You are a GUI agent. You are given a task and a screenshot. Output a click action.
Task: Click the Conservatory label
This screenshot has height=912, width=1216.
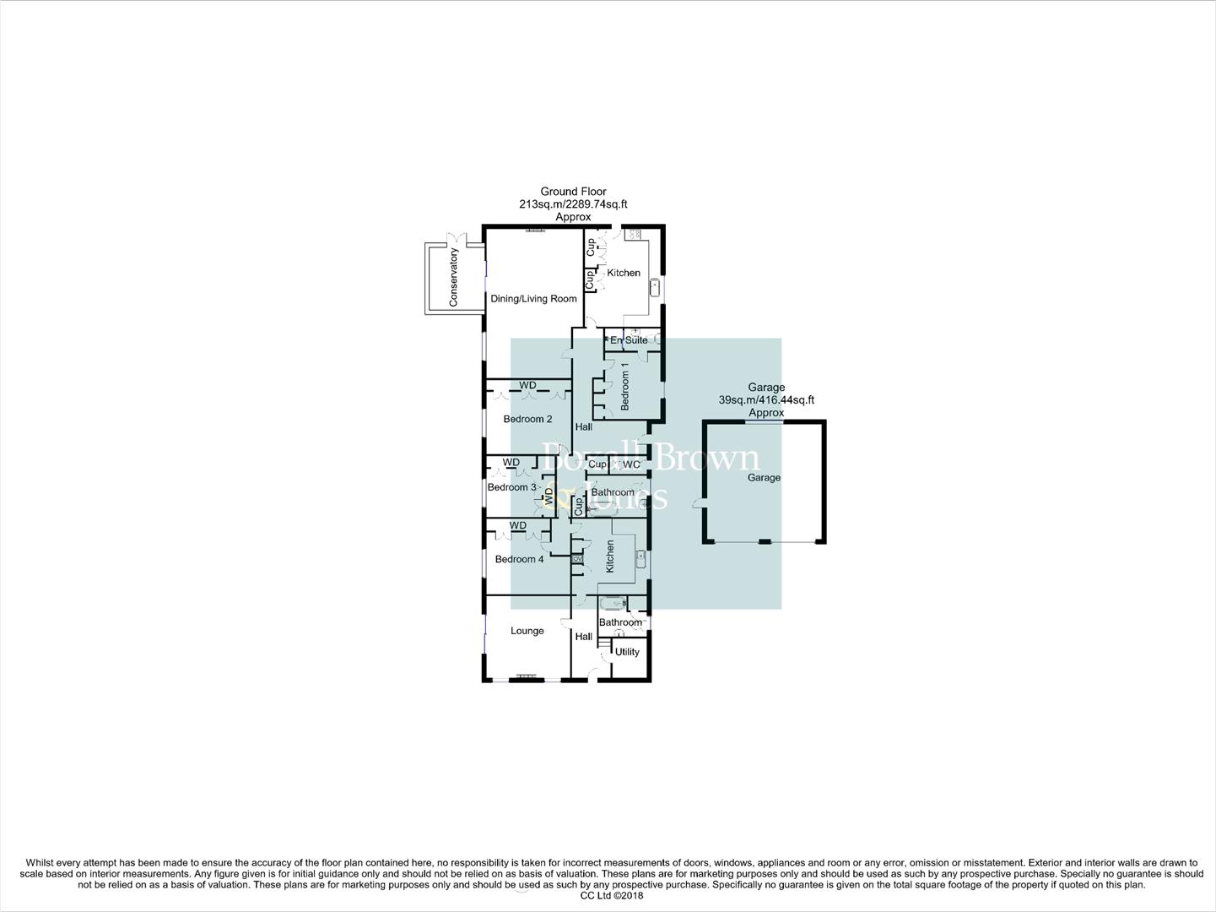click(x=453, y=277)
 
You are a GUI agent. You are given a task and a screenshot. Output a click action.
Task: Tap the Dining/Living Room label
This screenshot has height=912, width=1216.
click(x=533, y=299)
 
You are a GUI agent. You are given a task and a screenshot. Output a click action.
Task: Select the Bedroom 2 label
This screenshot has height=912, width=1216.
click(x=527, y=419)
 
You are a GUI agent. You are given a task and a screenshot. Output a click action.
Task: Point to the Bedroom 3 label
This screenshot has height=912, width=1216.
click(x=511, y=487)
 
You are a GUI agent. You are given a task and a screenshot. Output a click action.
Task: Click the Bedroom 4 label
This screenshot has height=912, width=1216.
click(x=519, y=559)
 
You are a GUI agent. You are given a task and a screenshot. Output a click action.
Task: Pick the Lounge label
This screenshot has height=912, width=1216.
click(x=527, y=631)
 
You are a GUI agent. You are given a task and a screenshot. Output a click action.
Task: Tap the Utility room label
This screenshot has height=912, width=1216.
click(x=627, y=652)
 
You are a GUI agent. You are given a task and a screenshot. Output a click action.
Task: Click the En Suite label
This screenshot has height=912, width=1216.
click(x=629, y=340)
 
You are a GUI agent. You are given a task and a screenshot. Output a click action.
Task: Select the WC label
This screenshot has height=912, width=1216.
click(x=631, y=464)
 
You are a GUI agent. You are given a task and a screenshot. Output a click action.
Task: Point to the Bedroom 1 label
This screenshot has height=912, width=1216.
click(x=625, y=387)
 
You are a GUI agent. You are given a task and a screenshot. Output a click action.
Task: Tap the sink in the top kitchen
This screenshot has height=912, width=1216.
click(x=654, y=288)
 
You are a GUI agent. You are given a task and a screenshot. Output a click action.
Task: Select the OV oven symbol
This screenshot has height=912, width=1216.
click(x=578, y=559)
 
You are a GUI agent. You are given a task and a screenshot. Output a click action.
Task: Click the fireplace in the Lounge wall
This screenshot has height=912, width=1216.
click(x=527, y=676)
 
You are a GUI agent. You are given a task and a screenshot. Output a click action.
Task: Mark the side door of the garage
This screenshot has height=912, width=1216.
click(x=698, y=504)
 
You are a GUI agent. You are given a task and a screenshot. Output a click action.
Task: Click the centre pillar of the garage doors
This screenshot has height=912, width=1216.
click(x=764, y=541)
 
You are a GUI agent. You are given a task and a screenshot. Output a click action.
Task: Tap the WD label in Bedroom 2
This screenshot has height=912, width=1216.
click(x=527, y=386)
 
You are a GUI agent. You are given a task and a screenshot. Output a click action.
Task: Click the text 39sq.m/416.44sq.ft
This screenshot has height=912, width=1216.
click(x=766, y=400)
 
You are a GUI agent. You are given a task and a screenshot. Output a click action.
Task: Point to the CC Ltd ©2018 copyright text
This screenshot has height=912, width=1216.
click(x=607, y=896)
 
